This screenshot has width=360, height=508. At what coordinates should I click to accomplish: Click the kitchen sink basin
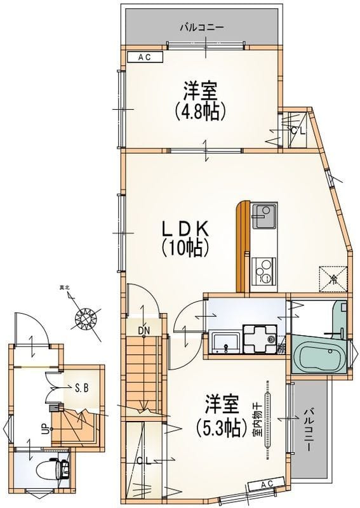click(x=263, y=217)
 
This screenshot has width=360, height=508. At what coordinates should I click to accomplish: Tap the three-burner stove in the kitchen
click(x=263, y=271)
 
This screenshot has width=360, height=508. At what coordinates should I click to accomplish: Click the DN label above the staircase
click(x=143, y=330)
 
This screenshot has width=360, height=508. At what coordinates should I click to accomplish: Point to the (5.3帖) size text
click(x=221, y=427)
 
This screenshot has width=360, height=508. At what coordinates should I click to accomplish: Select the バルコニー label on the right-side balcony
click(x=310, y=429)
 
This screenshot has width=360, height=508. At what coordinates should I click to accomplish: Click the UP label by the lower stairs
click(x=44, y=430)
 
